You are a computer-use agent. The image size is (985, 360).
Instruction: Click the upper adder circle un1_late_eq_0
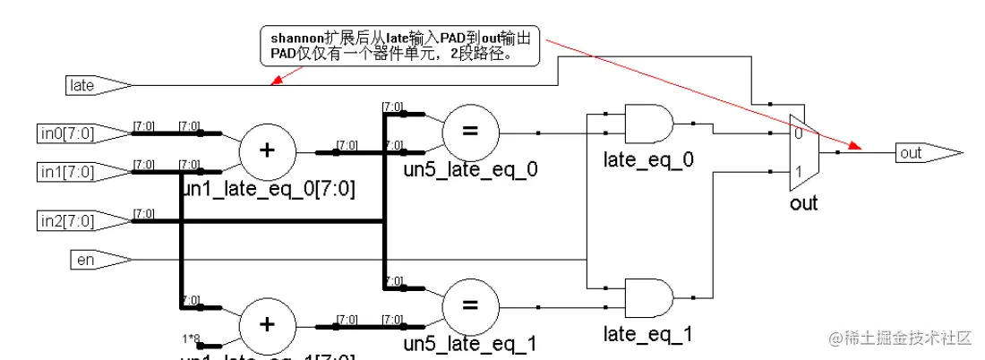coord(266,150)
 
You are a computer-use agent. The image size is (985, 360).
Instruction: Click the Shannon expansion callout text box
coord(400,46)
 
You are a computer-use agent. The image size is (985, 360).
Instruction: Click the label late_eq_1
coord(648,335)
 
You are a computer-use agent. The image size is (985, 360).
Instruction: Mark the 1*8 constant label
coord(191,339)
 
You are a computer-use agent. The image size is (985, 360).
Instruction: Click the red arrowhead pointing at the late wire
coord(274,82)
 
